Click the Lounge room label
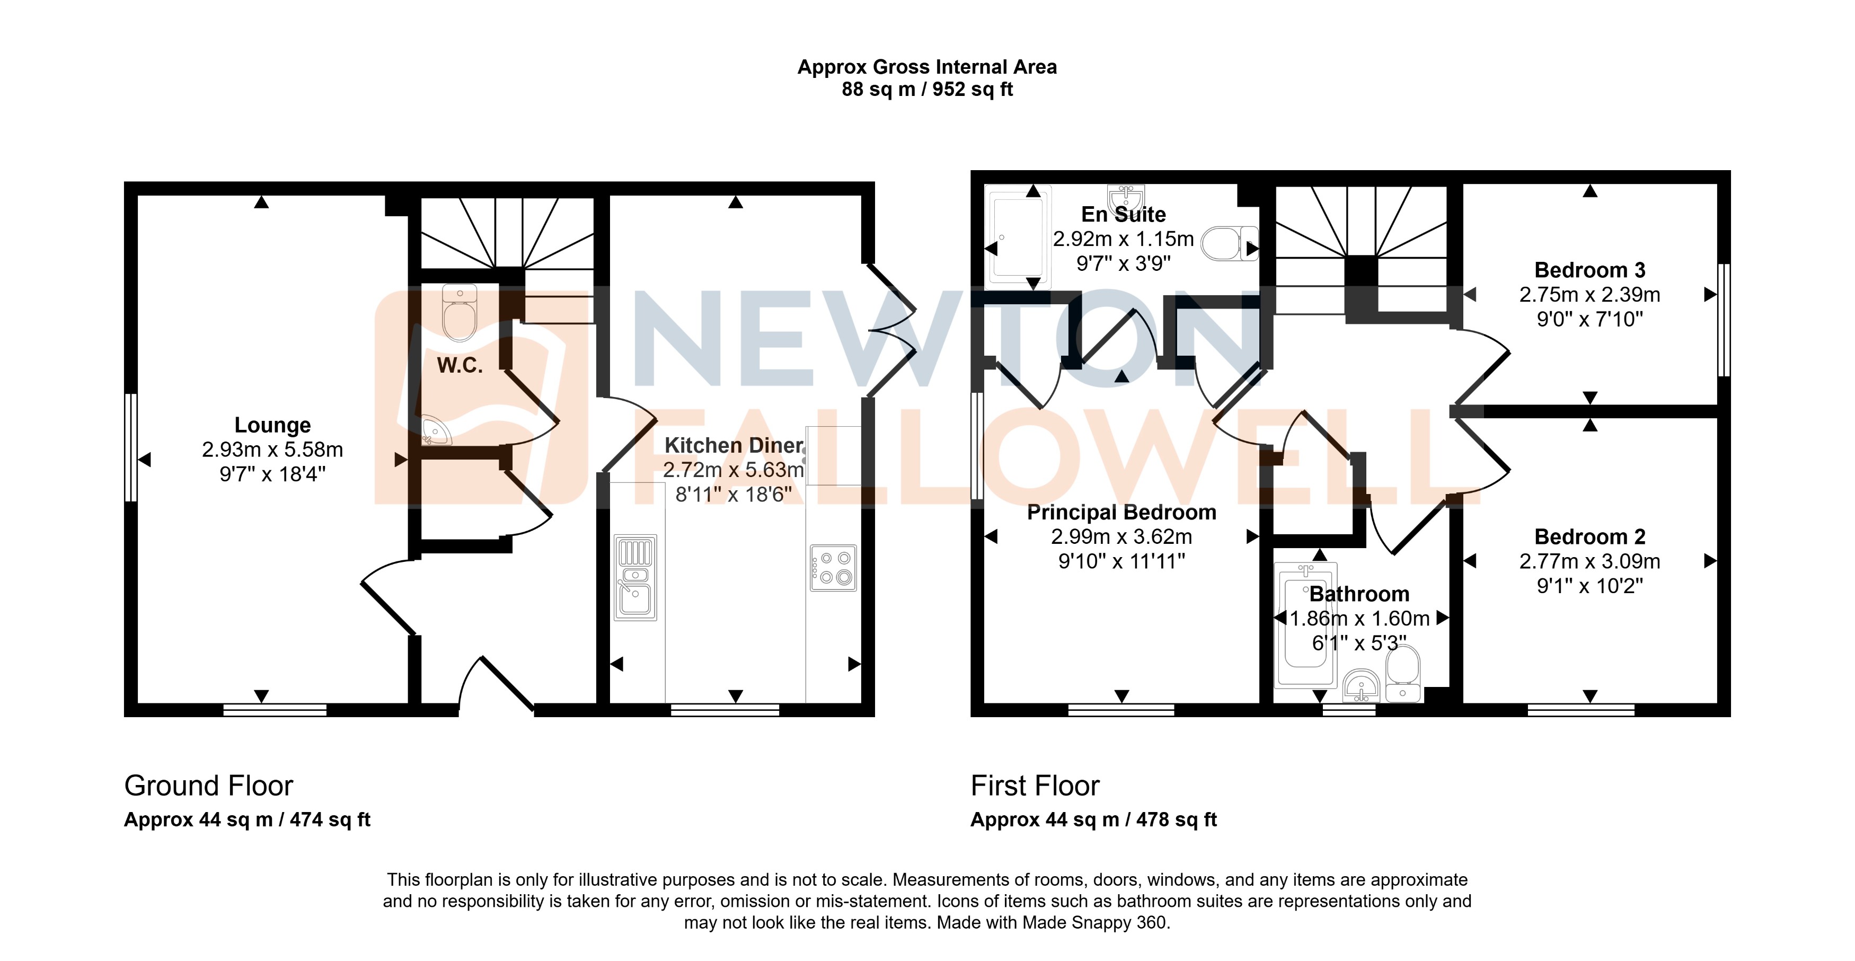click(x=272, y=425)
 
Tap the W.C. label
click(x=460, y=365)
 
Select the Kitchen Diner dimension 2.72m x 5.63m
click(x=733, y=470)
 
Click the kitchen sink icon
click(x=635, y=578)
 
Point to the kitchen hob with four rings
click(x=833, y=568)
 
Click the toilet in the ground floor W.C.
click(x=460, y=313)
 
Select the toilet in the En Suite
click(x=1229, y=243)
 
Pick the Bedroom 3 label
click(x=1589, y=270)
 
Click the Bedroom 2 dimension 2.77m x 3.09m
click(x=1589, y=561)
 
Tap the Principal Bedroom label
click(x=1121, y=512)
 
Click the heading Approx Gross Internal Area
click(x=927, y=67)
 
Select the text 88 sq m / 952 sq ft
click(x=927, y=90)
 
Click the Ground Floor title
click(x=208, y=785)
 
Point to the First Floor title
click(x=1035, y=785)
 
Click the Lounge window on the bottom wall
click(x=275, y=710)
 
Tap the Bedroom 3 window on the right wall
click(x=1723, y=320)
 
